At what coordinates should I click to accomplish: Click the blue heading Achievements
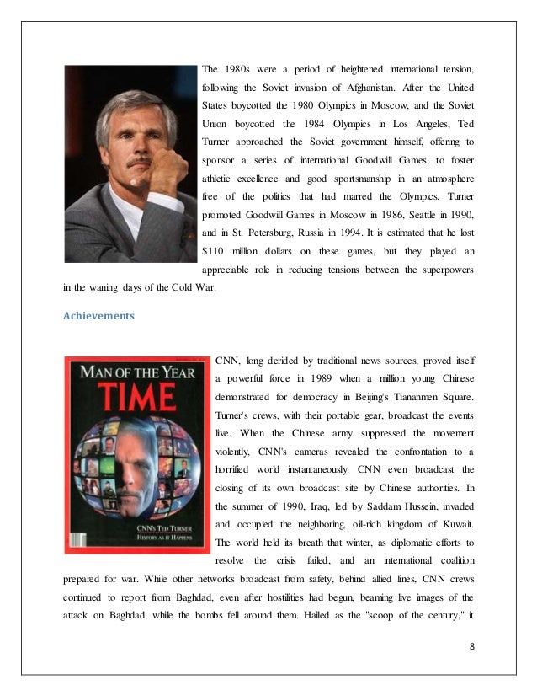pyautogui.click(x=98, y=316)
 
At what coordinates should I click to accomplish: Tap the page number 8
pyautogui.click(x=471, y=645)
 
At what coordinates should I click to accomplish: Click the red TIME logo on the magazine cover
pyautogui.click(x=133, y=400)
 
